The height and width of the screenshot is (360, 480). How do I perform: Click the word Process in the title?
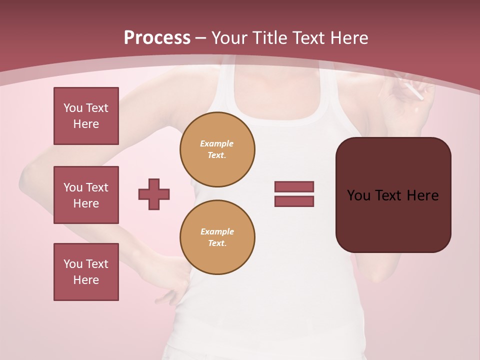(157, 38)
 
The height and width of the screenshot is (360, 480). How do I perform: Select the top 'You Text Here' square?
(86, 116)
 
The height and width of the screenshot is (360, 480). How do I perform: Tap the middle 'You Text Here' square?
(86, 195)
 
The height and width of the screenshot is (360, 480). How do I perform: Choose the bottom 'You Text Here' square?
(86, 272)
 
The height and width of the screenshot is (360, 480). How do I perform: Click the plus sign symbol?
(154, 194)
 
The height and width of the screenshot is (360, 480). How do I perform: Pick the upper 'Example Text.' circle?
(217, 149)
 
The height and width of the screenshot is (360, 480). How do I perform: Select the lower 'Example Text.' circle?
(217, 237)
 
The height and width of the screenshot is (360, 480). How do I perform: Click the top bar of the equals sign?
(294, 186)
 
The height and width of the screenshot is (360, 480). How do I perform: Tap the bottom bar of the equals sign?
(294, 201)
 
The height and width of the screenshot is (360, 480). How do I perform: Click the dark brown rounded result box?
(393, 215)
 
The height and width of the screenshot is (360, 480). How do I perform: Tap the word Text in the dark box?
(390, 195)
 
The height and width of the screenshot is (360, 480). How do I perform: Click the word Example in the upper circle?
(217, 143)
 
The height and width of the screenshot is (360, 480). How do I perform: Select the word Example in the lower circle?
(217, 231)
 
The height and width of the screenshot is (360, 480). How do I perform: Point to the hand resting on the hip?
(170, 280)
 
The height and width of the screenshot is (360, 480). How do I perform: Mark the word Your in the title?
(229, 38)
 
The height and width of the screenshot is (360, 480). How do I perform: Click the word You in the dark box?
(358, 195)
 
